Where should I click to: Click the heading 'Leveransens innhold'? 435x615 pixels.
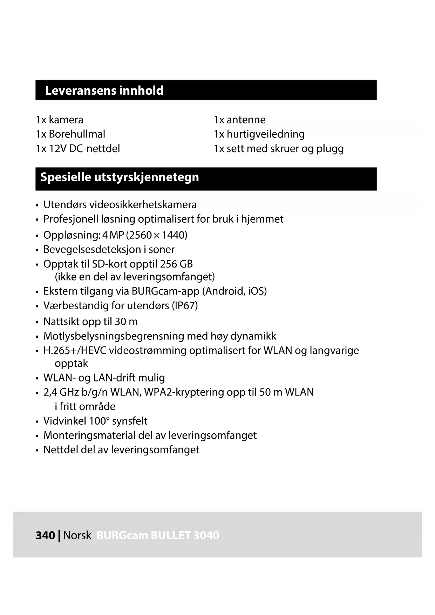point(104,90)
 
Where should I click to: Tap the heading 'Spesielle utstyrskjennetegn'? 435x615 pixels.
point(120,177)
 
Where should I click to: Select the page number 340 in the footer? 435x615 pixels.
point(45,535)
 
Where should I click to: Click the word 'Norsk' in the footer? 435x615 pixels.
point(77,535)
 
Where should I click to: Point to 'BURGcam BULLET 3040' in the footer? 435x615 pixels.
point(158,535)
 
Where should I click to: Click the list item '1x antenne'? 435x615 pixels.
point(239,120)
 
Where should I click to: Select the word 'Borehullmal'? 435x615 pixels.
point(77,134)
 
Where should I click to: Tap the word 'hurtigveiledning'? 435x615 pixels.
point(265,134)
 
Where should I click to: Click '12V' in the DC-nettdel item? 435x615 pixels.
point(57,149)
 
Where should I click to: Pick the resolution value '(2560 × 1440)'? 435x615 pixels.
point(157,235)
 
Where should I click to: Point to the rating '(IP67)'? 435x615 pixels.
point(185,306)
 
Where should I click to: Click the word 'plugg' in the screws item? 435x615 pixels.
point(330,149)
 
